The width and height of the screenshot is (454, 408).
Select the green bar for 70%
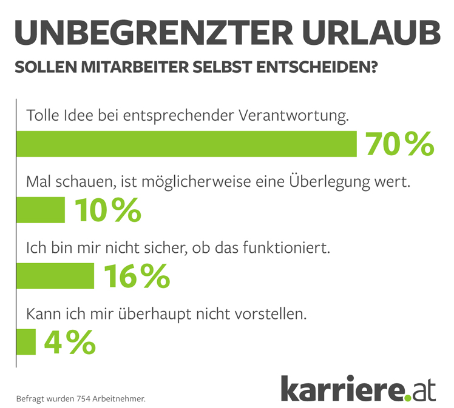click(x=186, y=143)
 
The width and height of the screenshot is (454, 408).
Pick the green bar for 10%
click(x=40, y=210)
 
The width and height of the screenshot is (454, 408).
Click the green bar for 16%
click(x=55, y=276)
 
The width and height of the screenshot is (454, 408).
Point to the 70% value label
click(x=399, y=143)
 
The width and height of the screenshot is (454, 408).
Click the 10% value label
click(x=107, y=210)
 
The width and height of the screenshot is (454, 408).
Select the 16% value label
click(x=137, y=276)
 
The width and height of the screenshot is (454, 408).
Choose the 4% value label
click(x=70, y=341)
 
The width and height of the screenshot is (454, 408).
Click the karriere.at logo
click(x=358, y=387)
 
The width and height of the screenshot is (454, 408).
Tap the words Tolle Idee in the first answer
click(x=56, y=115)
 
